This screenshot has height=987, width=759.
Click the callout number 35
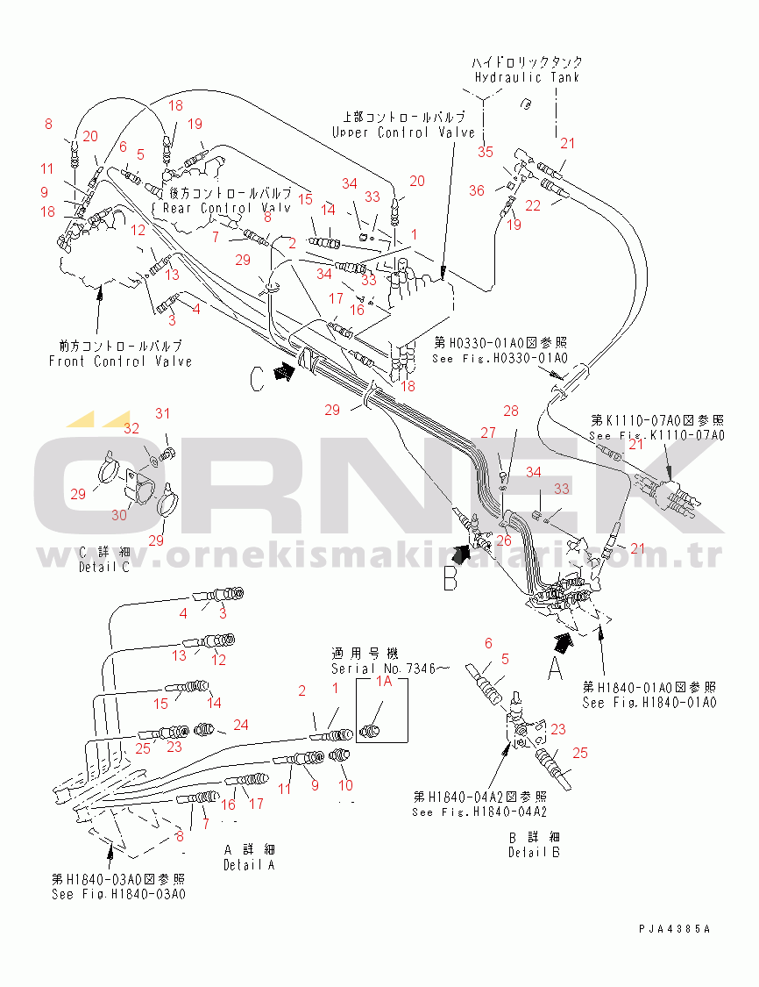pyautogui.click(x=486, y=152)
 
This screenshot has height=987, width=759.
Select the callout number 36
pyautogui.click(x=476, y=190)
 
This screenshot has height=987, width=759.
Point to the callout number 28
pyautogui.click(x=511, y=411)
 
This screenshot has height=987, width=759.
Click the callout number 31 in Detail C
pyautogui.click(x=161, y=413)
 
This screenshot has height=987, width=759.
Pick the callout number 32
pyautogui.click(x=131, y=429)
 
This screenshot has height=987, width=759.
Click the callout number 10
pyautogui.click(x=345, y=785)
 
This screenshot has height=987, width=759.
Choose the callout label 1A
pyautogui.click(x=383, y=681)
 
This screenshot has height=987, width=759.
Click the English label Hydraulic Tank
pyautogui.click(x=527, y=77)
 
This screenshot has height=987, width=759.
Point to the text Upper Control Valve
pyautogui.click(x=403, y=132)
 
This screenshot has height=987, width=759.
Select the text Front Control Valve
pyautogui.click(x=120, y=361)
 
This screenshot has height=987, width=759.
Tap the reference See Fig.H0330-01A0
pyautogui.click(x=500, y=359)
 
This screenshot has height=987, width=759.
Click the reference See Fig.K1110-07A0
pyautogui.click(x=656, y=436)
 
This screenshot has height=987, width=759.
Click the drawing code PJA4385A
pyautogui.click(x=675, y=928)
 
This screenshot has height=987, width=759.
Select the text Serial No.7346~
pyautogui.click(x=390, y=669)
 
